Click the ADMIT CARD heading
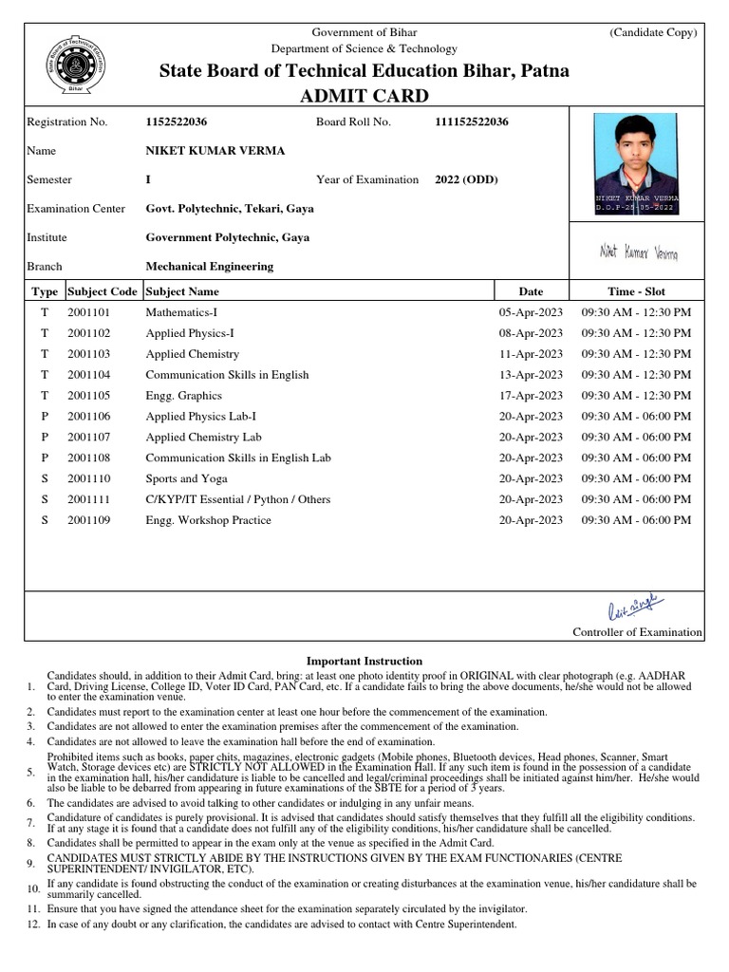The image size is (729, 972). tap(364, 95)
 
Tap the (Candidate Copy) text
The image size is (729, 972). tap(653, 32)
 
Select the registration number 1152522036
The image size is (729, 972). tap(177, 121)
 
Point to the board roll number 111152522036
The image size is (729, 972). tap(471, 121)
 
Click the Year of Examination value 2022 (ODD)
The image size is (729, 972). tap(466, 179)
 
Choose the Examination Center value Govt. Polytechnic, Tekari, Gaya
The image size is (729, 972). tap(229, 208)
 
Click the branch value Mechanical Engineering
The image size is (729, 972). tap(209, 267)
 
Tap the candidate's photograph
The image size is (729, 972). tap(636, 163)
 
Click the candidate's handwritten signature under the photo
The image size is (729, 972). tap(637, 252)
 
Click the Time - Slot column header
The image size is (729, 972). tap(636, 291)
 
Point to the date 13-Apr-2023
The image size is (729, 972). tap(531, 375)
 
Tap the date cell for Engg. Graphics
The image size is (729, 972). tap(531, 395)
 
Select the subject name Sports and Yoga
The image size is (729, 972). tap(186, 478)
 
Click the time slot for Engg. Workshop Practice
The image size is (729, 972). tap(636, 520)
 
